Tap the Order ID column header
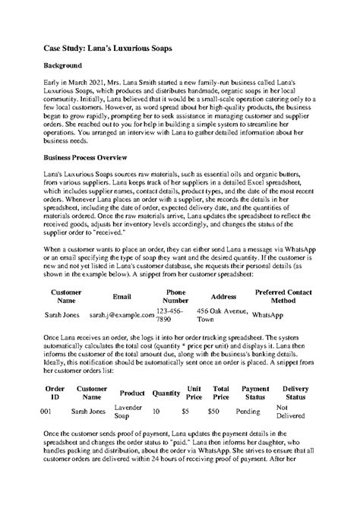(55, 392)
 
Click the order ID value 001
(46, 411)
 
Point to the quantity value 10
(156, 411)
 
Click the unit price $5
(186, 411)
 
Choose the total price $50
(213, 411)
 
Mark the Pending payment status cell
(248, 411)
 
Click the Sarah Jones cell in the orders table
(88, 411)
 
